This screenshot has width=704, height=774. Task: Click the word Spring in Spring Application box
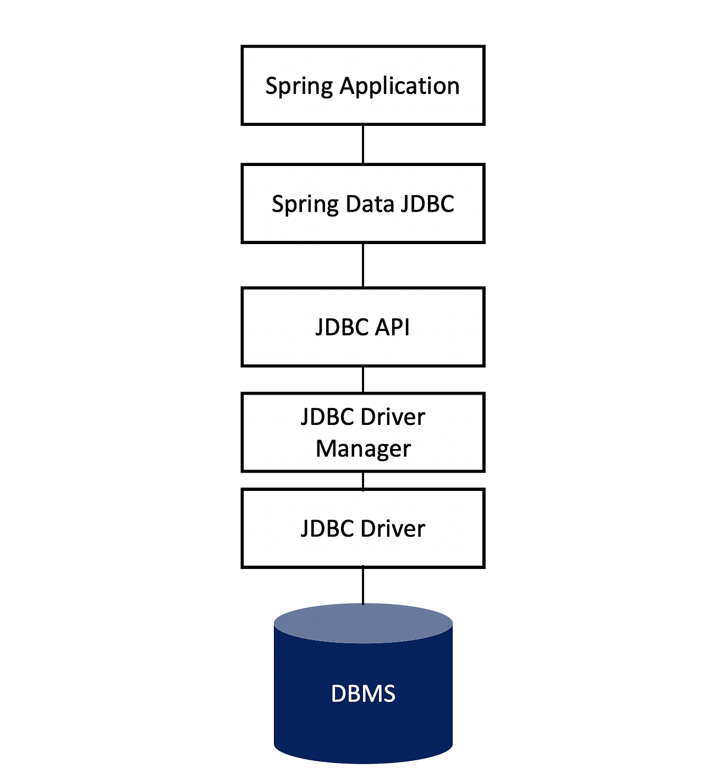(299, 86)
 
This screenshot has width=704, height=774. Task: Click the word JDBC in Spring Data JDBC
(427, 204)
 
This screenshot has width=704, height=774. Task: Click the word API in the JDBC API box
(392, 327)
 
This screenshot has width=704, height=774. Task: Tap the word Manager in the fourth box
(363, 449)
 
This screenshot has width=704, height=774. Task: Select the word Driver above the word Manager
(393, 417)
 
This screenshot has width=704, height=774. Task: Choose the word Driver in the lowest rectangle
(393, 529)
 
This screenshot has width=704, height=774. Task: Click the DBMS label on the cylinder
(363, 694)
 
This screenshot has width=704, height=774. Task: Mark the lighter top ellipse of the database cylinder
(363, 623)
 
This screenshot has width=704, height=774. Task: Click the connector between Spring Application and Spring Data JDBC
(363, 144)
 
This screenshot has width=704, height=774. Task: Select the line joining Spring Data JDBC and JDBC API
(363, 265)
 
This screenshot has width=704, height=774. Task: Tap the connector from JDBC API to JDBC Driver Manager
(363, 379)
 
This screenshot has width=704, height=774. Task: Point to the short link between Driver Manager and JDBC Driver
(363, 480)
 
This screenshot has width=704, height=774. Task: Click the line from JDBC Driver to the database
(363, 585)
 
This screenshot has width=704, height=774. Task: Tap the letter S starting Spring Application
(271, 86)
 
